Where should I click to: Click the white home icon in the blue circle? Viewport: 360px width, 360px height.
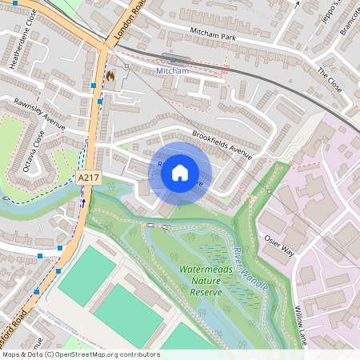(x=180, y=172)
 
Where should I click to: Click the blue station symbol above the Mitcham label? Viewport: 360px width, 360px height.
(x=173, y=59)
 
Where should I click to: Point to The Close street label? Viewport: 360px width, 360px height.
(x=329, y=81)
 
